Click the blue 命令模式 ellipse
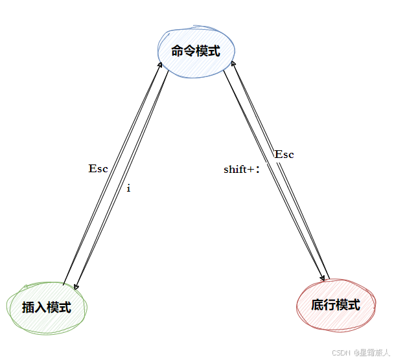[x=196, y=51]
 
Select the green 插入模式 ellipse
[x=47, y=307]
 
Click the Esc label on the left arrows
[x=98, y=169]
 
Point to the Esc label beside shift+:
[x=284, y=154]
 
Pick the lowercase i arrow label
[x=128, y=188]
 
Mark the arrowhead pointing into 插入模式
[x=76, y=287]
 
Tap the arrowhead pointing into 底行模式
[x=321, y=279]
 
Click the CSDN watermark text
[x=341, y=353]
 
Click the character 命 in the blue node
[x=178, y=51]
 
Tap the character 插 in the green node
[x=29, y=308]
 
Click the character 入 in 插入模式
[x=41, y=308]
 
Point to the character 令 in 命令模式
[x=191, y=51]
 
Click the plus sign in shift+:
[x=249, y=170]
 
